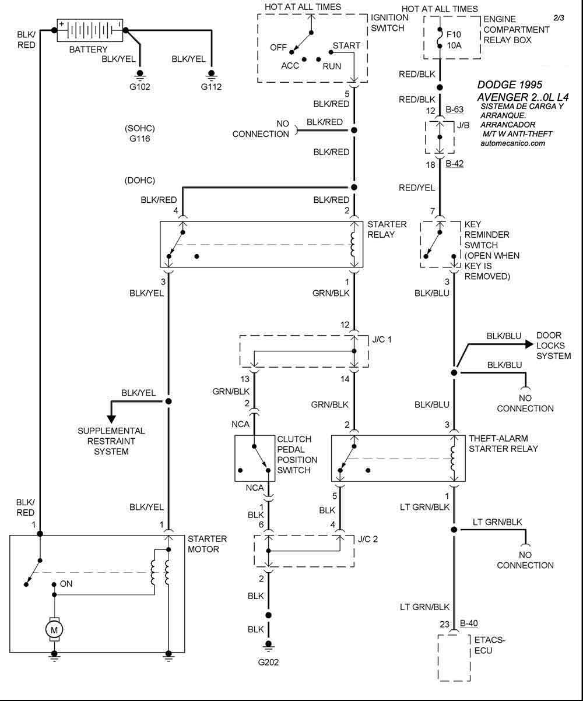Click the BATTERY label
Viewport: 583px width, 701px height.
88,50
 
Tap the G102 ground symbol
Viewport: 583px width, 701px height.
140,75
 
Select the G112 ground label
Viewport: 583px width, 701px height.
212,87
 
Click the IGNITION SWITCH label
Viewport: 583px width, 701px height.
389,23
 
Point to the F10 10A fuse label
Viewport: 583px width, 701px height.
454,37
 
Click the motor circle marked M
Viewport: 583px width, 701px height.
54,629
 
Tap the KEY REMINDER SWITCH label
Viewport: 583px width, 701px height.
491,250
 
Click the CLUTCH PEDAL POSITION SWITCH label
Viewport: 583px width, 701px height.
297,455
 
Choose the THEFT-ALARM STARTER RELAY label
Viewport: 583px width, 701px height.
503,443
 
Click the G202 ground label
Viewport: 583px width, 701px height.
269,662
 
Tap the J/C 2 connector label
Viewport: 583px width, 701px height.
367,538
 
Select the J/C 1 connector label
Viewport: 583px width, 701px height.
383,338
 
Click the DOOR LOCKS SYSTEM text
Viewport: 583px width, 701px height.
553,346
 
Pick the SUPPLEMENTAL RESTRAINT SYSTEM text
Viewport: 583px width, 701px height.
111,441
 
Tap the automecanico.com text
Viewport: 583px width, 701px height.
514,143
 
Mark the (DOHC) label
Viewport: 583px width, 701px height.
140,180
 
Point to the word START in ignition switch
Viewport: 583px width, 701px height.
346,45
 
